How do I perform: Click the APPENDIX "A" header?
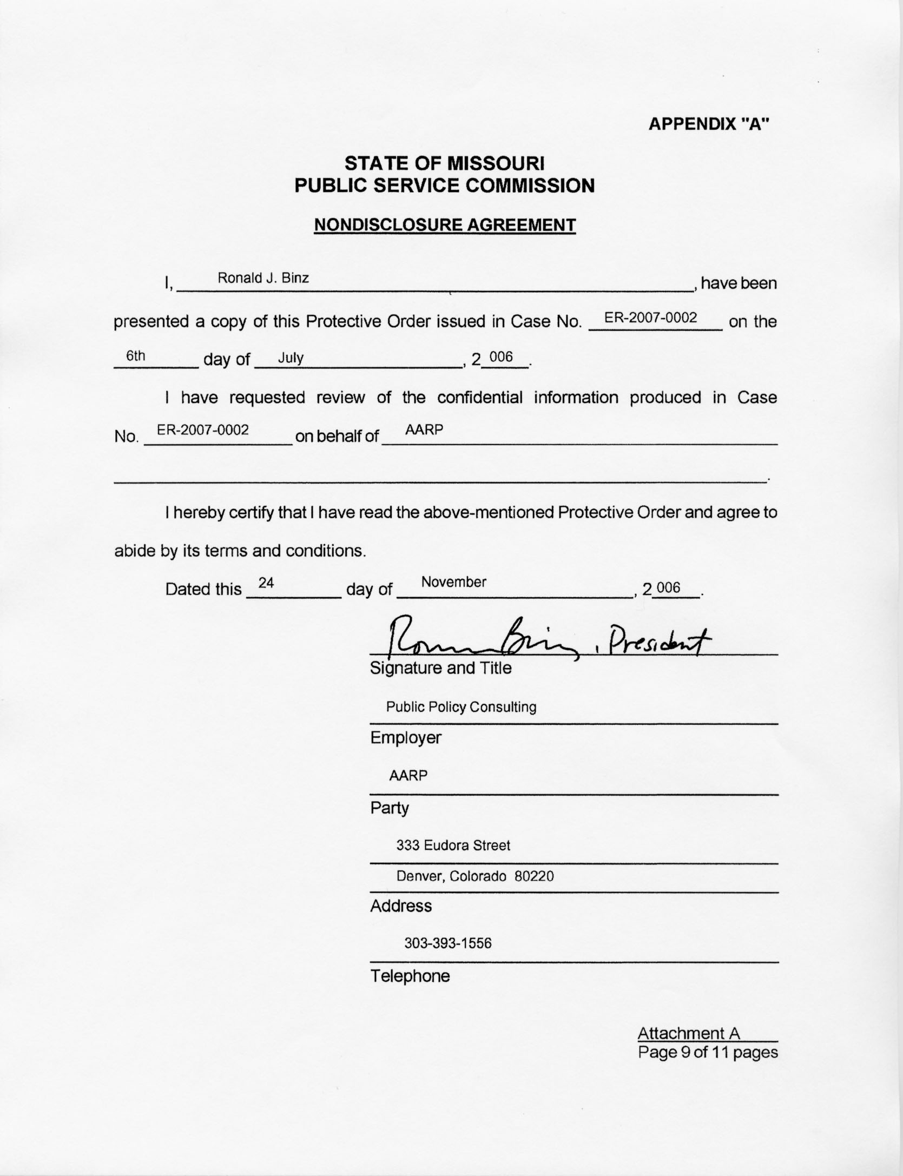click(708, 124)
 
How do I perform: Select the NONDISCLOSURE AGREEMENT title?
click(445, 225)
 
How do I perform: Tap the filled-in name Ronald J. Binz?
click(263, 278)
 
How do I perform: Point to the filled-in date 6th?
click(135, 356)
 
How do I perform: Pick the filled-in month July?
click(291, 358)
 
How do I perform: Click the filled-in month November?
click(453, 582)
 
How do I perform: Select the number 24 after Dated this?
click(266, 583)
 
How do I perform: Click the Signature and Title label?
click(440, 668)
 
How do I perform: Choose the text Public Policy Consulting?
click(461, 707)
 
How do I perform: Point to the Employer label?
click(405, 738)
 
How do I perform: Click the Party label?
click(389, 808)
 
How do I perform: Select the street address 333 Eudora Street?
click(453, 845)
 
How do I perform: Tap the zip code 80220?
click(534, 876)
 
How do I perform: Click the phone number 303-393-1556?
click(448, 943)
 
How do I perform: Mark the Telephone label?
click(410, 976)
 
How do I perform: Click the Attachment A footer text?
click(688, 1034)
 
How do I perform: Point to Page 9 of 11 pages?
click(707, 1052)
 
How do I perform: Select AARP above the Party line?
click(408, 776)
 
